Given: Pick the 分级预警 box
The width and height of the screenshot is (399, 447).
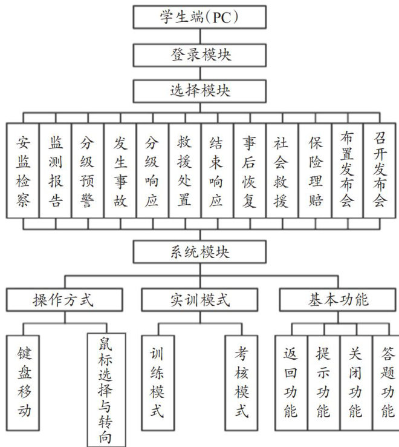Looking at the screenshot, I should (88, 171).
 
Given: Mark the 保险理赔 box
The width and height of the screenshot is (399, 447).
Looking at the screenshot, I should (314, 171).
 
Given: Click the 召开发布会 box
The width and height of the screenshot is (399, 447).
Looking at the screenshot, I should (380, 171).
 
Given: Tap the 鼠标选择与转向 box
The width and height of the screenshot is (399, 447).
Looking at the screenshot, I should (106, 389).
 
